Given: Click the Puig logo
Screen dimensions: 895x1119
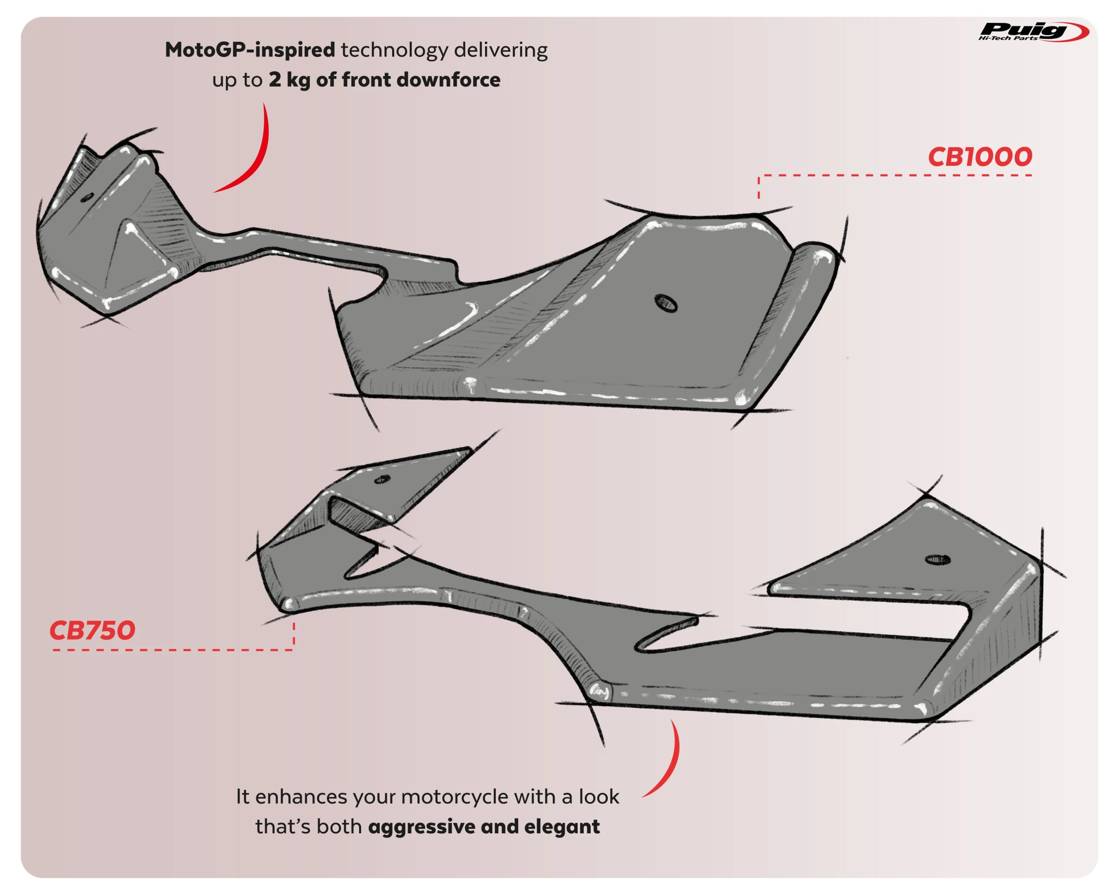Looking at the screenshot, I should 1033,32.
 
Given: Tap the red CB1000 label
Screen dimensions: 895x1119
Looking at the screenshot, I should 980,157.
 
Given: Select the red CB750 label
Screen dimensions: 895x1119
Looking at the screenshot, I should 92,630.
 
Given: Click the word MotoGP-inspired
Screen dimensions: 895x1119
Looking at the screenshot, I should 250,50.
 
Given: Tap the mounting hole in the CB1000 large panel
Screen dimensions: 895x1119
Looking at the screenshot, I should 666,303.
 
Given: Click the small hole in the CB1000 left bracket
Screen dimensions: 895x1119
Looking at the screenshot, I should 88,197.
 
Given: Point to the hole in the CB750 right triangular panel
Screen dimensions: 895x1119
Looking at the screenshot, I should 938,560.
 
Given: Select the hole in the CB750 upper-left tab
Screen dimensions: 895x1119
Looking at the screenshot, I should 382,479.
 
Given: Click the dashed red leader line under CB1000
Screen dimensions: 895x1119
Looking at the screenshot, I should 893,176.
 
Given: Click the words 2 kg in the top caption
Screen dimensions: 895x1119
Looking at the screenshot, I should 289,80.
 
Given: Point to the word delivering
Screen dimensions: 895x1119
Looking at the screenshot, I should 500,50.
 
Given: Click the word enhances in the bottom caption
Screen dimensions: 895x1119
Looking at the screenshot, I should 301,797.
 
